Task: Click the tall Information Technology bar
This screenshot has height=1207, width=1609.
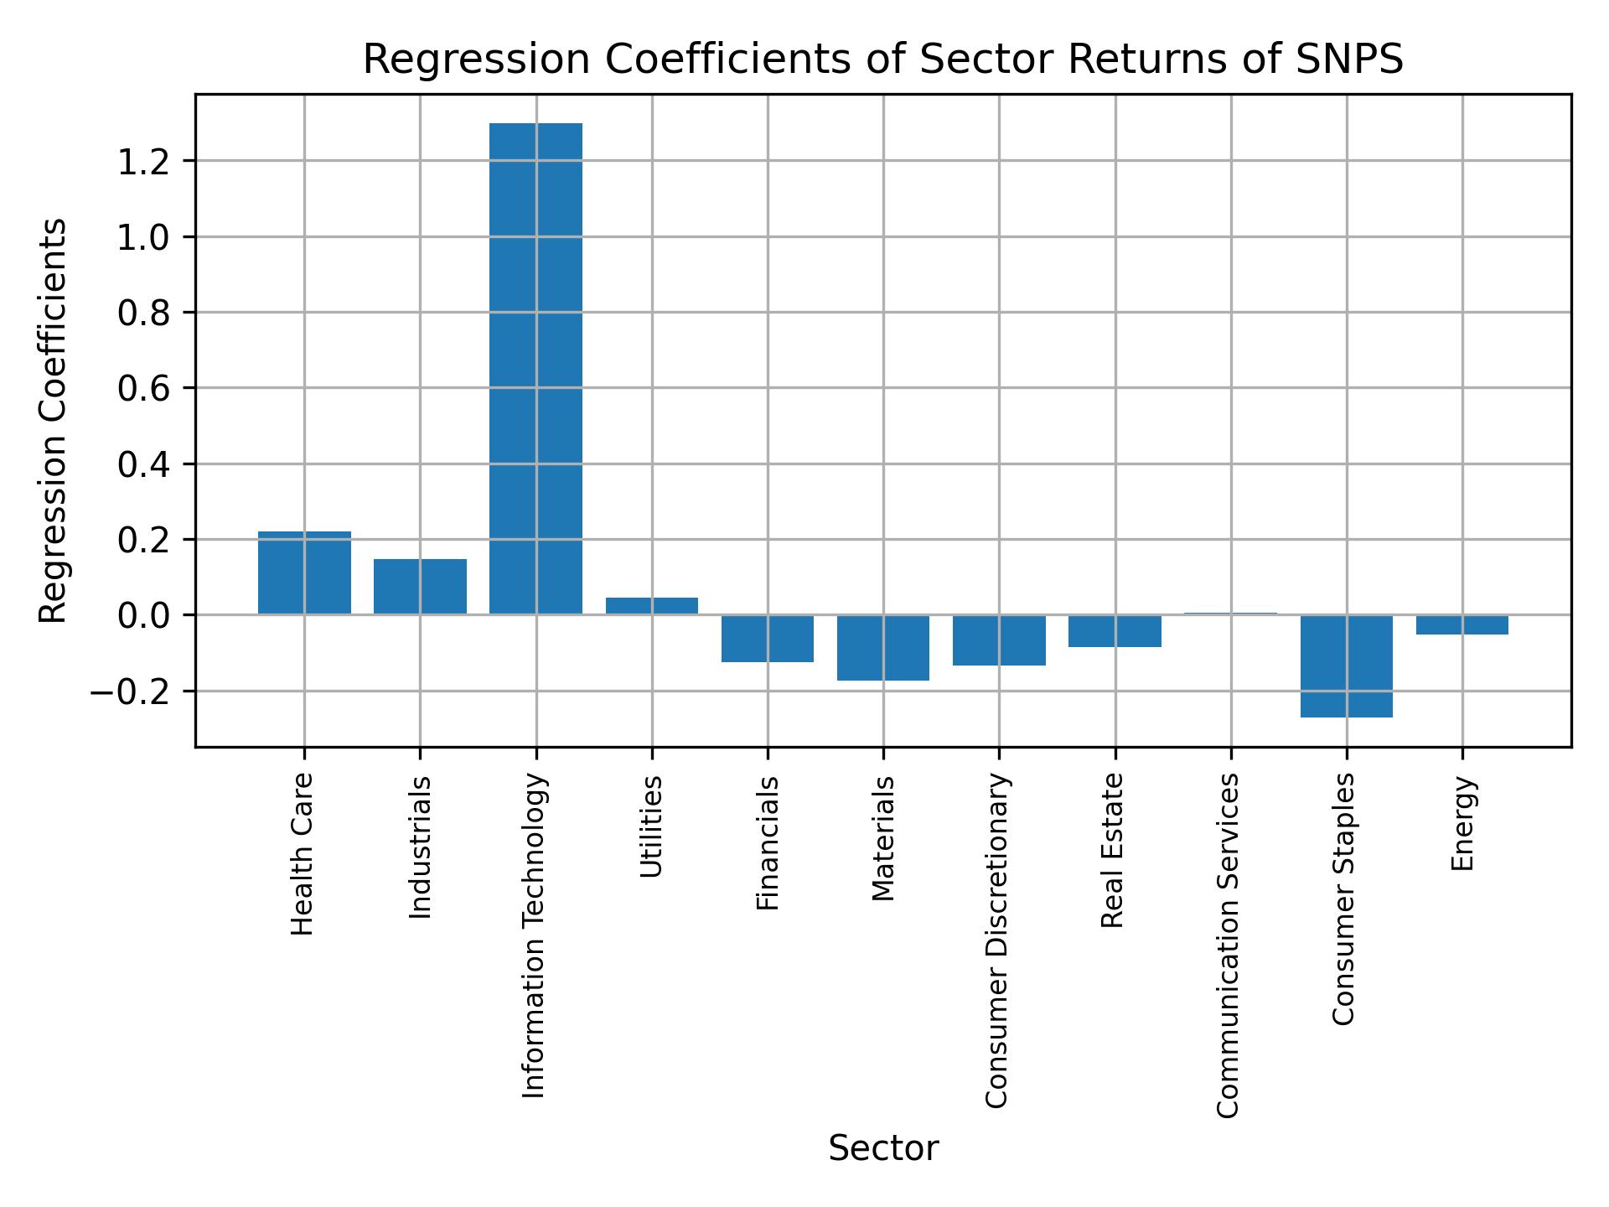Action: click(535, 369)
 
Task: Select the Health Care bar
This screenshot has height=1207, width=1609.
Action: click(304, 573)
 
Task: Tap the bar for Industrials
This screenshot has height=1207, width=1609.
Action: click(420, 587)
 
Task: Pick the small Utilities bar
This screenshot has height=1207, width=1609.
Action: click(652, 606)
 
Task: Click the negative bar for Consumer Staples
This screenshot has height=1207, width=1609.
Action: click(1346, 666)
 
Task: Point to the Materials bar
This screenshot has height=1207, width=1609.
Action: click(883, 647)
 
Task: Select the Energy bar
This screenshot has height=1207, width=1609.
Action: click(1462, 624)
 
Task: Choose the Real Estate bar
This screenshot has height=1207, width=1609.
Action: click(1115, 631)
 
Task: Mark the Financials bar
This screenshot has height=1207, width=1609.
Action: click(768, 639)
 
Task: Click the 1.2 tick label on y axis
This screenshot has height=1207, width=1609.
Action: click(144, 161)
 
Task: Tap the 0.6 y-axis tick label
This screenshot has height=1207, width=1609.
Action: click(144, 388)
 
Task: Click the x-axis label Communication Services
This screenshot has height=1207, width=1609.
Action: click(1228, 945)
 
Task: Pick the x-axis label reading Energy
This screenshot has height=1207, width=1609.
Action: click(1462, 823)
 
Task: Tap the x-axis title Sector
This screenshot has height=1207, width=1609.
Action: click(883, 1148)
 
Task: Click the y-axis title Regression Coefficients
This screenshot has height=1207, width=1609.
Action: click(54, 421)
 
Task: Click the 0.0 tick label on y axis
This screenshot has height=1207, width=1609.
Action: click(144, 615)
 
